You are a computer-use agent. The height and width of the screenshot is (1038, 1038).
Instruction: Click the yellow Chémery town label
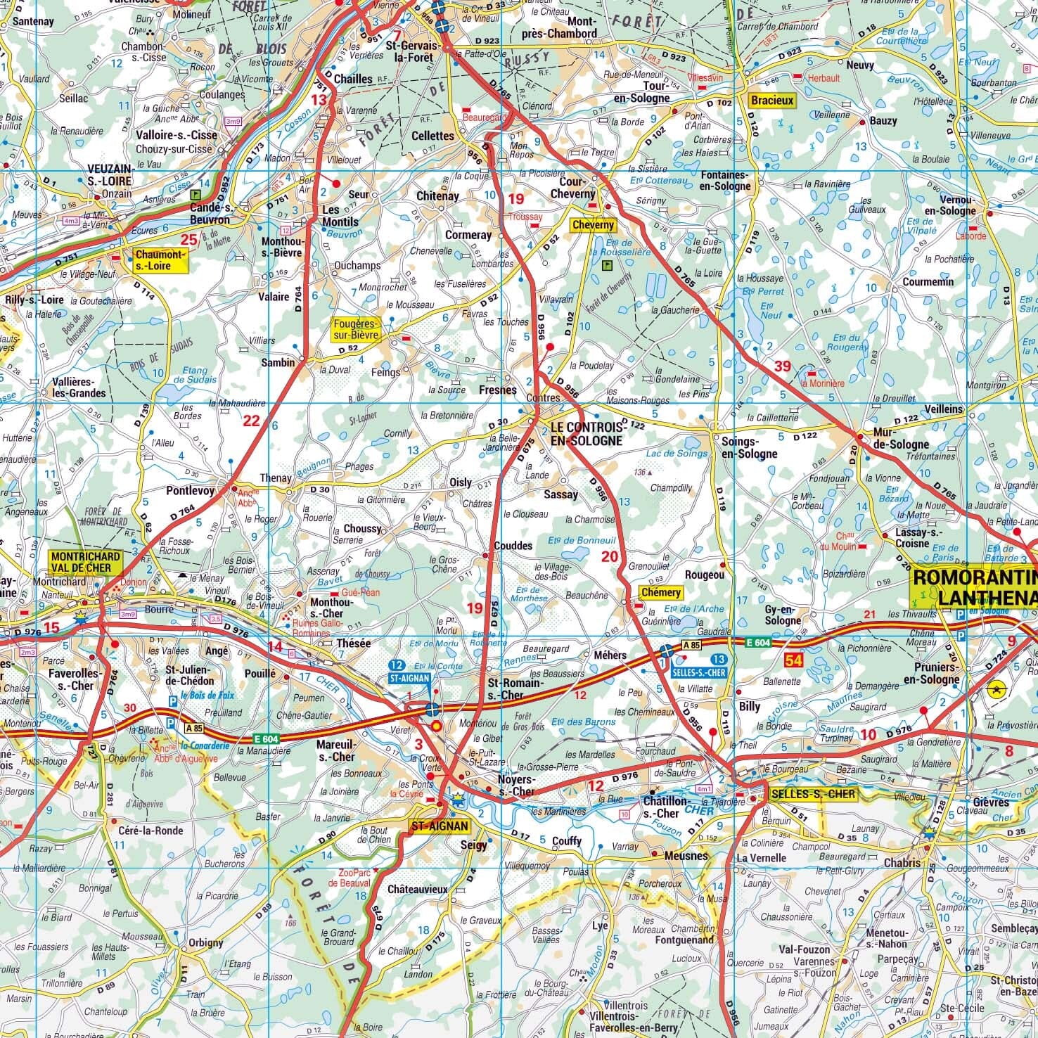660,592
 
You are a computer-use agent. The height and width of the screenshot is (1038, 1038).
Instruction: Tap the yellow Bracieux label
771,101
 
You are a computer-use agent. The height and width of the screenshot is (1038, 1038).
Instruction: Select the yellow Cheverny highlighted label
593,225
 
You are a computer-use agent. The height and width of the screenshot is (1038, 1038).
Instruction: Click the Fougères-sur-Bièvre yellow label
356,329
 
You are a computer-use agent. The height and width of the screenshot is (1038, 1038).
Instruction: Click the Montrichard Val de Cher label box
86,561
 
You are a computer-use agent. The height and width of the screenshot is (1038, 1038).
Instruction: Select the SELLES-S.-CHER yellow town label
812,794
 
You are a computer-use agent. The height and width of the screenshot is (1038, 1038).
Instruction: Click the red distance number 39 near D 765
782,366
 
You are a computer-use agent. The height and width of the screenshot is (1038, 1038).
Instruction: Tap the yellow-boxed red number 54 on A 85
794,660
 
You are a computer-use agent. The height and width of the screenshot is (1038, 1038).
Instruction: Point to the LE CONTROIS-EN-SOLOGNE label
587,434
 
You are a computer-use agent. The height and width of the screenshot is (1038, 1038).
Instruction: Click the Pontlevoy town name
191,491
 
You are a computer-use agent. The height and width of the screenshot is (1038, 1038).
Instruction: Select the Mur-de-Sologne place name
900,444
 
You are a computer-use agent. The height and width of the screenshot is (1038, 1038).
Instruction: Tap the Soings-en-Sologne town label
749,447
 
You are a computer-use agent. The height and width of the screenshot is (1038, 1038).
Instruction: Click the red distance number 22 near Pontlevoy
251,421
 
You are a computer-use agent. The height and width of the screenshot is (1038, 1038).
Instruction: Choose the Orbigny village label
206,942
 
